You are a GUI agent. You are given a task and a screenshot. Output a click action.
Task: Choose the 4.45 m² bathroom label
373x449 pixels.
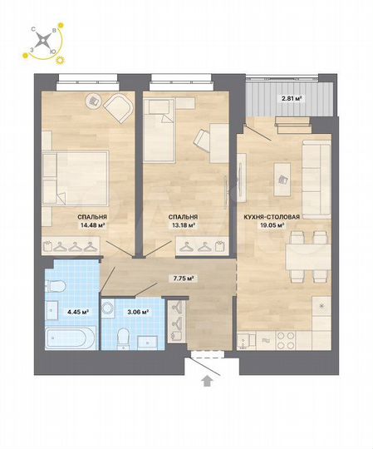point(56,313)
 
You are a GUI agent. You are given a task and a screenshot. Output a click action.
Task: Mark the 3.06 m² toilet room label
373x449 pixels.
point(137,312)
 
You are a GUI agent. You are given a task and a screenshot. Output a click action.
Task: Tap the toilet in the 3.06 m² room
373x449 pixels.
point(122,337)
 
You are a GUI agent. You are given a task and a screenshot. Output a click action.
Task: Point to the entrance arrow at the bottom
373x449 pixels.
point(206,381)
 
